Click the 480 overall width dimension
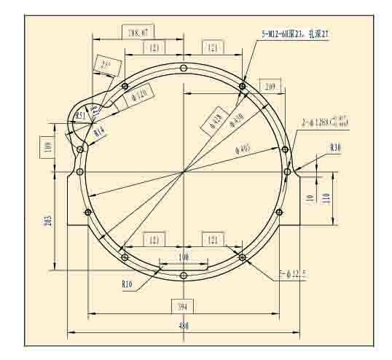pos(184,326)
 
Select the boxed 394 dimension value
pos(183,305)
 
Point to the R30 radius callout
pos(335,148)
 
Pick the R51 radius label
pos(82,117)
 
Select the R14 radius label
pos(99,132)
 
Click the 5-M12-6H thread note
pos(295,34)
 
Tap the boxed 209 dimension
pos(272,86)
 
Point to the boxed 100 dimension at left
pos(48,146)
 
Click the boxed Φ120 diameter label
pos(139,96)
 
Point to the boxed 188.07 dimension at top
pos(138,33)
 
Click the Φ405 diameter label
pos(243,149)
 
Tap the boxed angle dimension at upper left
pos(106,66)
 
